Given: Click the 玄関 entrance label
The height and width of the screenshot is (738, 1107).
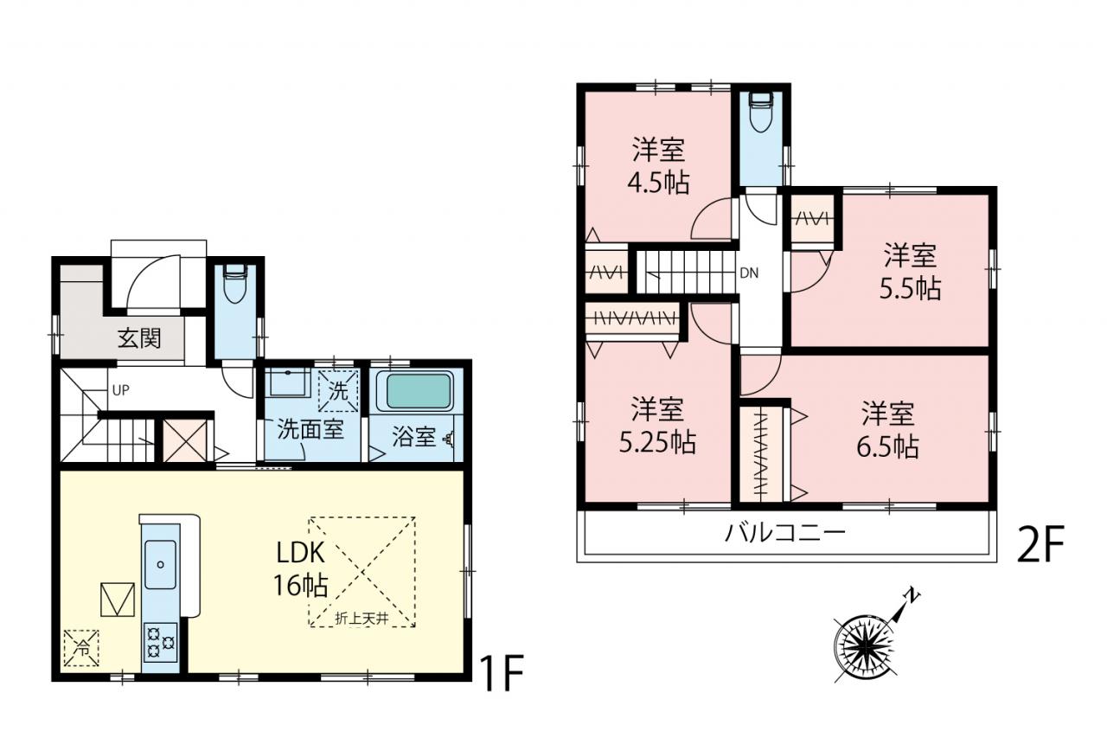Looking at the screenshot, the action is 139,339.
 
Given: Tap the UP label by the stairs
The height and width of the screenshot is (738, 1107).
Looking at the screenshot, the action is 120,390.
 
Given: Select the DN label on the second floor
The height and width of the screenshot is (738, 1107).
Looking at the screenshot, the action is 749,273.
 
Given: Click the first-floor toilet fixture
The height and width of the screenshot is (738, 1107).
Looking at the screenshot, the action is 235,285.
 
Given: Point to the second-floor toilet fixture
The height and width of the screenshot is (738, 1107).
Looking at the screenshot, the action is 761,112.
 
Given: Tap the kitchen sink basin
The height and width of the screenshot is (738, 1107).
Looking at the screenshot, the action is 160,564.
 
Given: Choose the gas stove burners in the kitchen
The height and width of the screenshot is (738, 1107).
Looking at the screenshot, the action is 160,642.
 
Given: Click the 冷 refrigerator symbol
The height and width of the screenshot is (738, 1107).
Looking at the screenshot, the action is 81,647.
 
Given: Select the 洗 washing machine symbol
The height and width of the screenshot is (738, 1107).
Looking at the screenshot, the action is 338,391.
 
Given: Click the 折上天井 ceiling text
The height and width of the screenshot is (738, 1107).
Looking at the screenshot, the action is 362,619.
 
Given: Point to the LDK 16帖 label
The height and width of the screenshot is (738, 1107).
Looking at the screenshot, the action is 300,569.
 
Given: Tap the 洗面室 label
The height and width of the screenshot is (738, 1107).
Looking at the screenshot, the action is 310,429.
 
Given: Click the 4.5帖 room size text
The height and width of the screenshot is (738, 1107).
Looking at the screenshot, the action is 658,183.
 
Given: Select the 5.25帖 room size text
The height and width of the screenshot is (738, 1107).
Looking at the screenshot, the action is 658,442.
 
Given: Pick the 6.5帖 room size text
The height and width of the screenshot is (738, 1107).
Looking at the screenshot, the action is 887,446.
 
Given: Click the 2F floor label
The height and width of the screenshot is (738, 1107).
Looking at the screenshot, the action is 1040,544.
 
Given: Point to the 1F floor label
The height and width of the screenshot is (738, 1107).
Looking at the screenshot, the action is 502,673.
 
